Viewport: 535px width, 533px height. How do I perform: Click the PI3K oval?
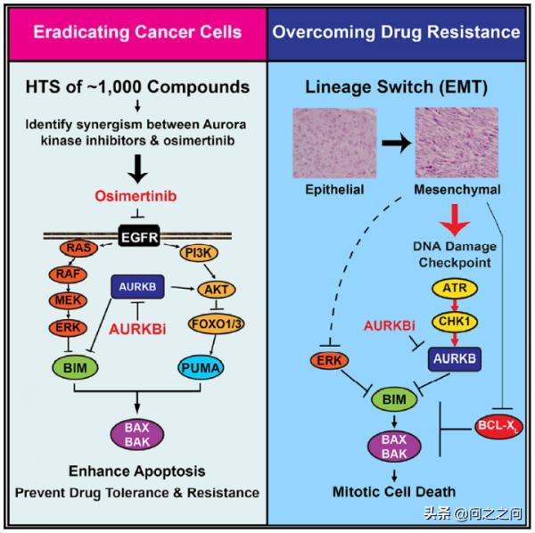[x=200, y=254]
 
